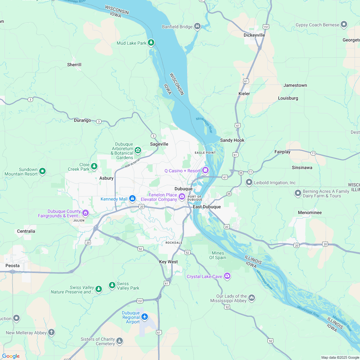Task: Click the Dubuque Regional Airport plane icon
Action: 145,317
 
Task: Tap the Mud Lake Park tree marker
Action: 151,43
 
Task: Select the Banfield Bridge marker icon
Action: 197,26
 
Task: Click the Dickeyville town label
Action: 254,35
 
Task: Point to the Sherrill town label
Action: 74,65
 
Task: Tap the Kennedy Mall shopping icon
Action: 132,199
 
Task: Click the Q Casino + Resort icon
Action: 205,170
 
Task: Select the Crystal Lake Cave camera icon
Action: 227,276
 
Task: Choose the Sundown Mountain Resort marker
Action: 42,171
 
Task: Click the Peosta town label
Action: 13,265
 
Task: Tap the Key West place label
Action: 168,262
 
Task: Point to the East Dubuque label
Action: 207,207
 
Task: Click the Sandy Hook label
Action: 232,140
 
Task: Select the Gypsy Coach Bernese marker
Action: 344,24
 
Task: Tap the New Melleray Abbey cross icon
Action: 51,332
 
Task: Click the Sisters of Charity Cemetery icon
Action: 120,341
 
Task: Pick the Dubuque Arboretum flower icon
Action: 138,150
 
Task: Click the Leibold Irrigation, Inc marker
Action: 249,183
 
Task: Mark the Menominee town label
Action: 310,212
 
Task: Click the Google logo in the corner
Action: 11,356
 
